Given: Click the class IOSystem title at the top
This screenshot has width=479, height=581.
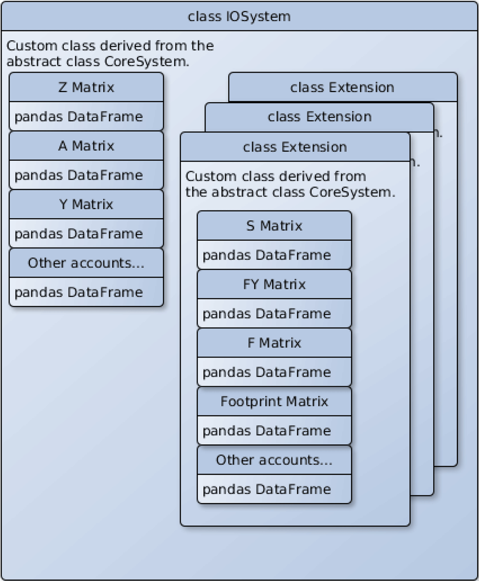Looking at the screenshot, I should click(x=239, y=16).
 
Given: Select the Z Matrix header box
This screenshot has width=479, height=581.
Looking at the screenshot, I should click(x=86, y=87).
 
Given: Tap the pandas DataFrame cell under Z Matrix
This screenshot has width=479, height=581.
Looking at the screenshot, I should click(x=86, y=117).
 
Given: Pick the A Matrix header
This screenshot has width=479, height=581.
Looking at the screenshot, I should click(x=86, y=146).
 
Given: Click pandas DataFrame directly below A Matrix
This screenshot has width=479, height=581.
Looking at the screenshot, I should click(x=86, y=175).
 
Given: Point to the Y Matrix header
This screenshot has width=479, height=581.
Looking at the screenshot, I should click(x=86, y=204).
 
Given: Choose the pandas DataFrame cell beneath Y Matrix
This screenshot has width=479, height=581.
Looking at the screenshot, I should click(x=86, y=233).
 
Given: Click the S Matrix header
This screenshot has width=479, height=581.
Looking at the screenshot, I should click(x=274, y=226).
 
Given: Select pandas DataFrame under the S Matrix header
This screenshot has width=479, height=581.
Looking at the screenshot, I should click(x=274, y=255).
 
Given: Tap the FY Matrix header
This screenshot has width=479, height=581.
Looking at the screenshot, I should click(x=274, y=284).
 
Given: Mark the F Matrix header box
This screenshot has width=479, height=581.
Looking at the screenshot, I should click(x=274, y=343).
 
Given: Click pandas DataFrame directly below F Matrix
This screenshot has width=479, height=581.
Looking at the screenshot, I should click(x=274, y=372).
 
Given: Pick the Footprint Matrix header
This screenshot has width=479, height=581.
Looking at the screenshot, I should click(x=274, y=401).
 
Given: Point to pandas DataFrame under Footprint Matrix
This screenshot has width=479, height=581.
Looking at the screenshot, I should click(x=274, y=431).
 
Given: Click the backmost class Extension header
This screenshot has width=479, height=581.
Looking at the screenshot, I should click(x=342, y=87).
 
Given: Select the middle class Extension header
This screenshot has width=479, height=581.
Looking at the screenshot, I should click(x=319, y=117).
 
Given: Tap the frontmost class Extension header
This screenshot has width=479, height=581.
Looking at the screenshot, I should click(x=295, y=147).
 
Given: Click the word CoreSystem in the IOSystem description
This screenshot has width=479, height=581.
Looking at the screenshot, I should click(x=146, y=62).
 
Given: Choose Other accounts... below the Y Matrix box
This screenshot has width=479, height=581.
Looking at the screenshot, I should click(x=86, y=263).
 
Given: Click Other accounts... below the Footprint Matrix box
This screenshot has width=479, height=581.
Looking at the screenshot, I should click(x=274, y=460).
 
